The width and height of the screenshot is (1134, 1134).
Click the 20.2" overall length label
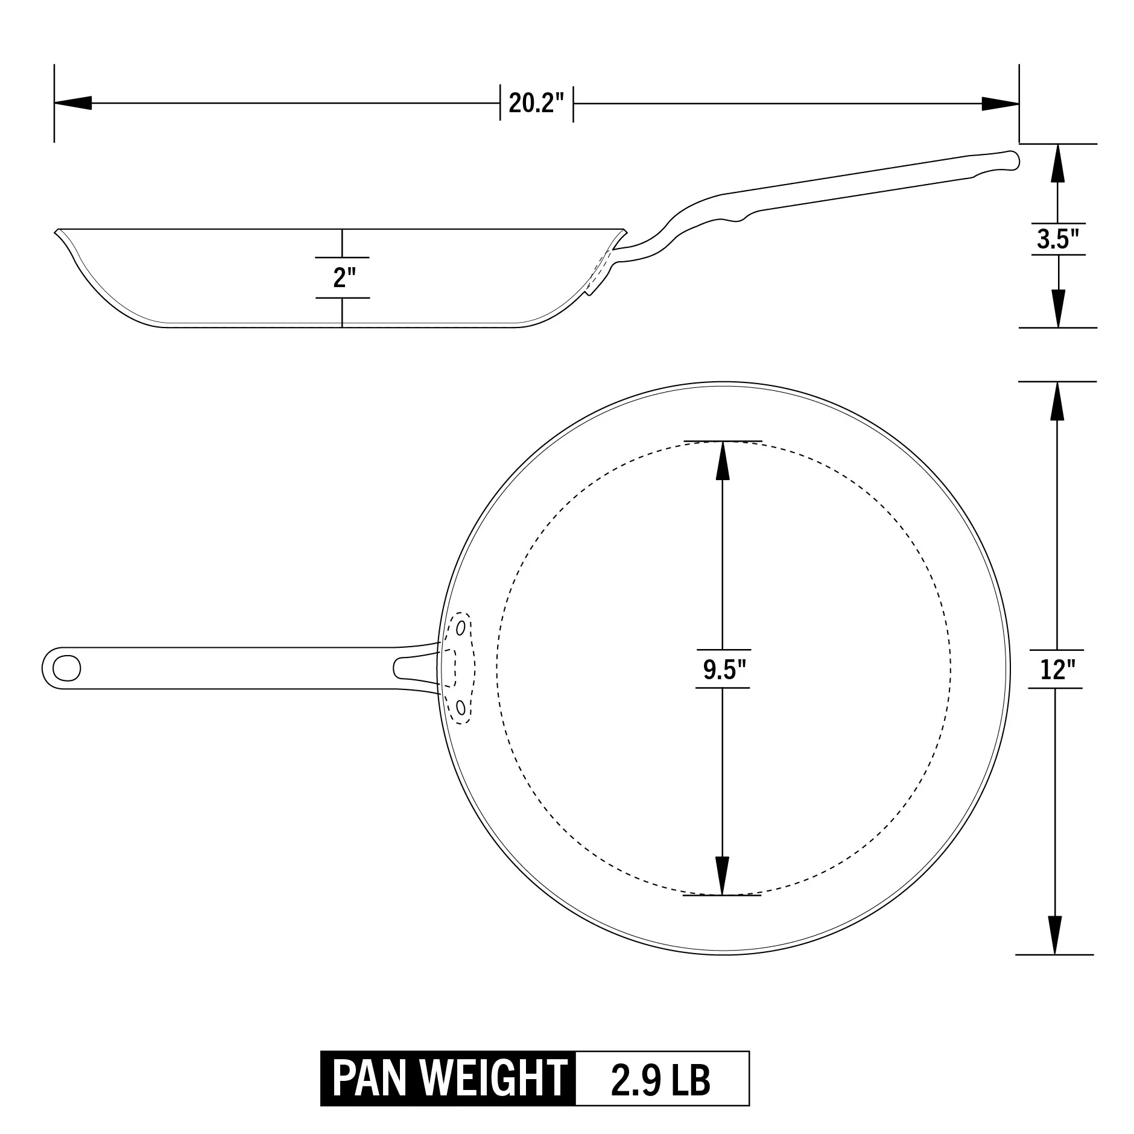pyautogui.click(x=536, y=103)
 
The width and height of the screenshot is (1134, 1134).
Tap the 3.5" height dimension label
pyautogui.click(x=1057, y=239)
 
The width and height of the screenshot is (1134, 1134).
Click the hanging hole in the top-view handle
pyautogui.click(x=66, y=667)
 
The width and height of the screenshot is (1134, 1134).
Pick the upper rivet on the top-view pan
pyautogui.click(x=461, y=628)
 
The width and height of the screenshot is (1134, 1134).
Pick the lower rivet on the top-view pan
pyautogui.click(x=461, y=707)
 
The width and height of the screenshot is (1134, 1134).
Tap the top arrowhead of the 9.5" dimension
pyautogui.click(x=723, y=461)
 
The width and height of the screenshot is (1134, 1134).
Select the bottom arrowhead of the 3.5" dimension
pyautogui.click(x=1058, y=308)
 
